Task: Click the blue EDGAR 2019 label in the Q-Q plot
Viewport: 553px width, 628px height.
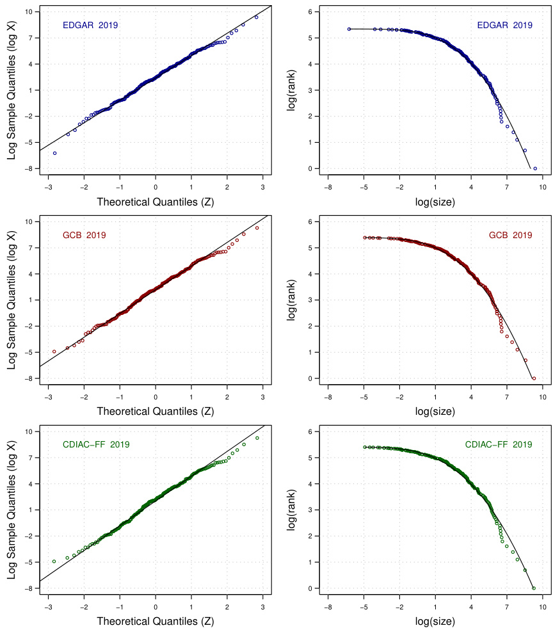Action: [x=90, y=26]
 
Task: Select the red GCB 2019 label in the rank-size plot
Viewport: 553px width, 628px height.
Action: [x=510, y=235]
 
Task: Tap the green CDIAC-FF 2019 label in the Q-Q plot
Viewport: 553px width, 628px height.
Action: [x=96, y=444]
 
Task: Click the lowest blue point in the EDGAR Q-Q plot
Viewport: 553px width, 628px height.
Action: [x=54, y=153]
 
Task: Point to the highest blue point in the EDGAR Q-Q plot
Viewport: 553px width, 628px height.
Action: [x=256, y=17]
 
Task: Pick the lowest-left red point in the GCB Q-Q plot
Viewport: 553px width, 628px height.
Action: [x=54, y=351]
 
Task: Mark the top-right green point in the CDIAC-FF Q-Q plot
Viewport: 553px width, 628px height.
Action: [x=257, y=438]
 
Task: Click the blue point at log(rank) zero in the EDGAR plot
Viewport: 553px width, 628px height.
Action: [x=535, y=168]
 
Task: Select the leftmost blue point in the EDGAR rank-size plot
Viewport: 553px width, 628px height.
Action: [x=349, y=29]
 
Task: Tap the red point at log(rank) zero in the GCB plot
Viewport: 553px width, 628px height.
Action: [x=534, y=378]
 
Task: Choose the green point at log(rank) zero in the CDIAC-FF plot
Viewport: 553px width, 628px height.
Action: [x=534, y=588]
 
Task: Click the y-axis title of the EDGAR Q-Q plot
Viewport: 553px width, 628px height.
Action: [x=12, y=91]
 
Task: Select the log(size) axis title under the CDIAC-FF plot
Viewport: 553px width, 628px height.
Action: [x=435, y=621]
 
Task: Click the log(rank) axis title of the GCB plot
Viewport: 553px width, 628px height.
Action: [x=291, y=300]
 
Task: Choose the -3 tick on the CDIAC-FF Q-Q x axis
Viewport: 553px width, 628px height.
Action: [x=48, y=607]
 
